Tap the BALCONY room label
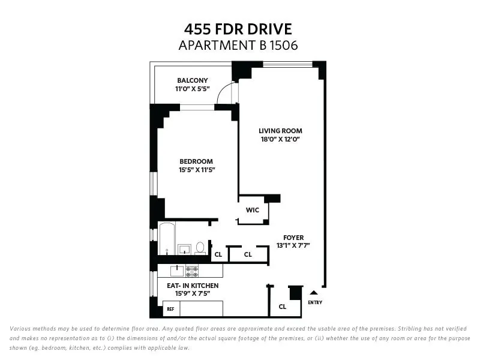click(x=192, y=80)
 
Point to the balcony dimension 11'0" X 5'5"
click(x=192, y=89)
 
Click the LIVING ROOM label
click(x=280, y=131)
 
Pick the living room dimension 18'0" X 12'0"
click(x=280, y=139)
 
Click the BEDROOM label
click(x=197, y=161)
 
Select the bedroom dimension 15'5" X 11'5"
click(x=197, y=170)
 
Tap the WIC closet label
click(x=252, y=211)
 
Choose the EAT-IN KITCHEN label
click(x=193, y=286)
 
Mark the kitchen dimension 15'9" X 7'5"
click(x=193, y=294)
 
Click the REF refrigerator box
click(x=171, y=309)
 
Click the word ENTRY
click(x=314, y=302)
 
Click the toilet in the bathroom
click(x=200, y=247)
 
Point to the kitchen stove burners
click(x=192, y=270)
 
